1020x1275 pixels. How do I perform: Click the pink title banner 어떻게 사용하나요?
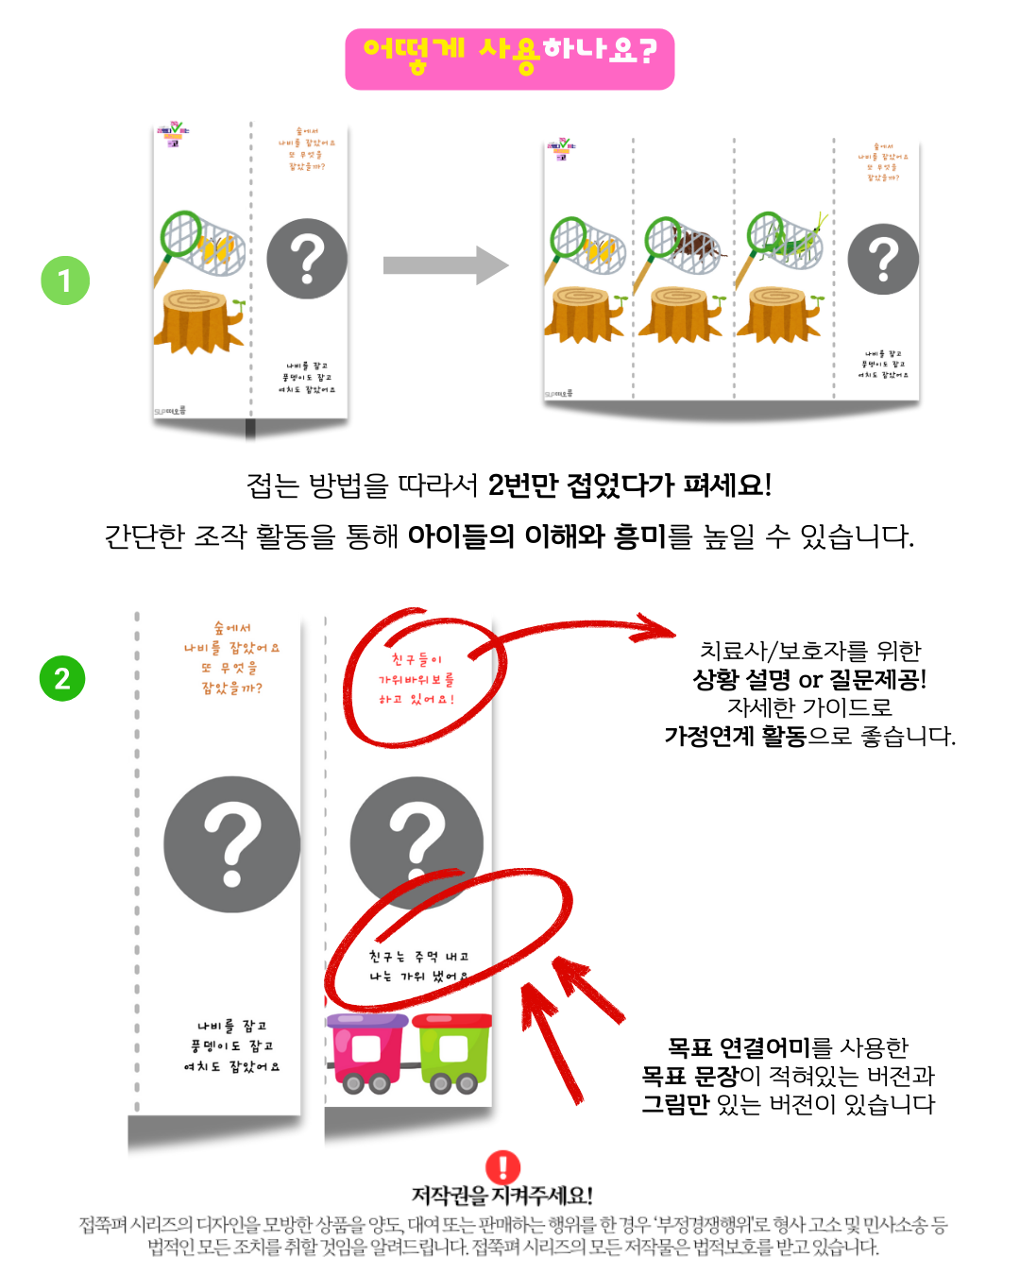coord(510,59)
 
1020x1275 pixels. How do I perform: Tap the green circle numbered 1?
coord(65,280)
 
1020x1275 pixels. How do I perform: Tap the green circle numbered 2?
coord(62,678)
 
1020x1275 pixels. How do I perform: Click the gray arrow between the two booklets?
coord(445,265)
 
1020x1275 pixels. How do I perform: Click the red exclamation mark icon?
coord(502,1167)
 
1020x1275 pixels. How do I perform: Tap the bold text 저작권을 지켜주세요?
coord(502,1196)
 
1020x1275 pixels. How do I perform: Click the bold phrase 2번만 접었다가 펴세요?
coord(630,485)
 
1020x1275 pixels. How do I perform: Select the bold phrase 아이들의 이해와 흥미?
coord(537,536)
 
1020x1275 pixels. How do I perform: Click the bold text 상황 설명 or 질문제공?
coord(809,679)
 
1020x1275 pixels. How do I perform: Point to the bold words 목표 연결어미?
coord(739,1047)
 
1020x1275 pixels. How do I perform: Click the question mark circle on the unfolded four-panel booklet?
coord(883,259)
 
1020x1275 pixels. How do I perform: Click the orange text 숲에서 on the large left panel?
coord(232,628)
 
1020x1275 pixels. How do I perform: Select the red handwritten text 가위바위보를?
coord(416,679)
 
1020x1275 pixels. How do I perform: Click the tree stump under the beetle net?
coord(680,314)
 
